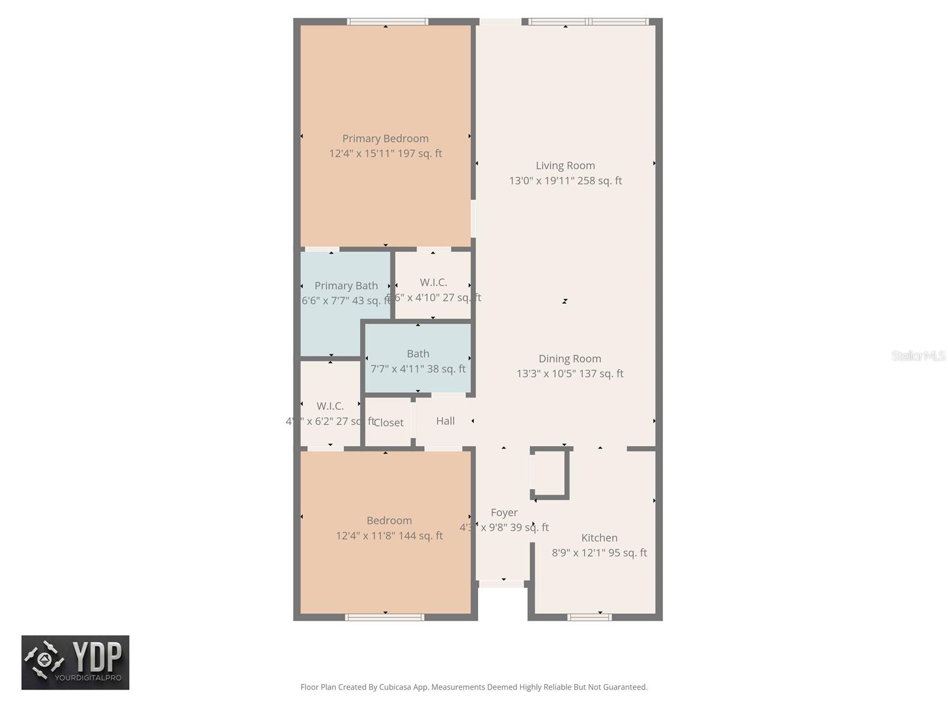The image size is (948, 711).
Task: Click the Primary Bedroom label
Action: coord(385,139)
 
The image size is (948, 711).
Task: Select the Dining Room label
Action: coord(569,358)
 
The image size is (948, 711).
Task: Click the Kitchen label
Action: coord(599,538)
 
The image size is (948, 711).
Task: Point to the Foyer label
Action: coord(504,513)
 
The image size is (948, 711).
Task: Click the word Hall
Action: coord(445,421)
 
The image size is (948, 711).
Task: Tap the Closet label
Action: coord(388,422)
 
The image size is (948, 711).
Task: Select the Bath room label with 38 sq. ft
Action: coord(418,354)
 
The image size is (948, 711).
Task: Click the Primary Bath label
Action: coord(346,286)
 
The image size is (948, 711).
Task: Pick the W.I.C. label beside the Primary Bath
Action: coord(433,283)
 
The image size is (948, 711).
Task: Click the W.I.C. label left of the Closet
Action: coord(330,406)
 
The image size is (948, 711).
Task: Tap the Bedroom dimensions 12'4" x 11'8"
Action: coord(389,536)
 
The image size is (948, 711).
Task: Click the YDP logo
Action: coord(75,662)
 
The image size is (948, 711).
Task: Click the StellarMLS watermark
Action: coord(918,355)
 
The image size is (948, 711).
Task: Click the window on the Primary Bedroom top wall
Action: coord(387,22)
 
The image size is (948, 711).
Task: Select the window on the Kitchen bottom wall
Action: coord(589,617)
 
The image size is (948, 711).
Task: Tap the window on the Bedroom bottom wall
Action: coord(385,617)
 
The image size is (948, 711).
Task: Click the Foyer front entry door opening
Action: coord(502,584)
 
